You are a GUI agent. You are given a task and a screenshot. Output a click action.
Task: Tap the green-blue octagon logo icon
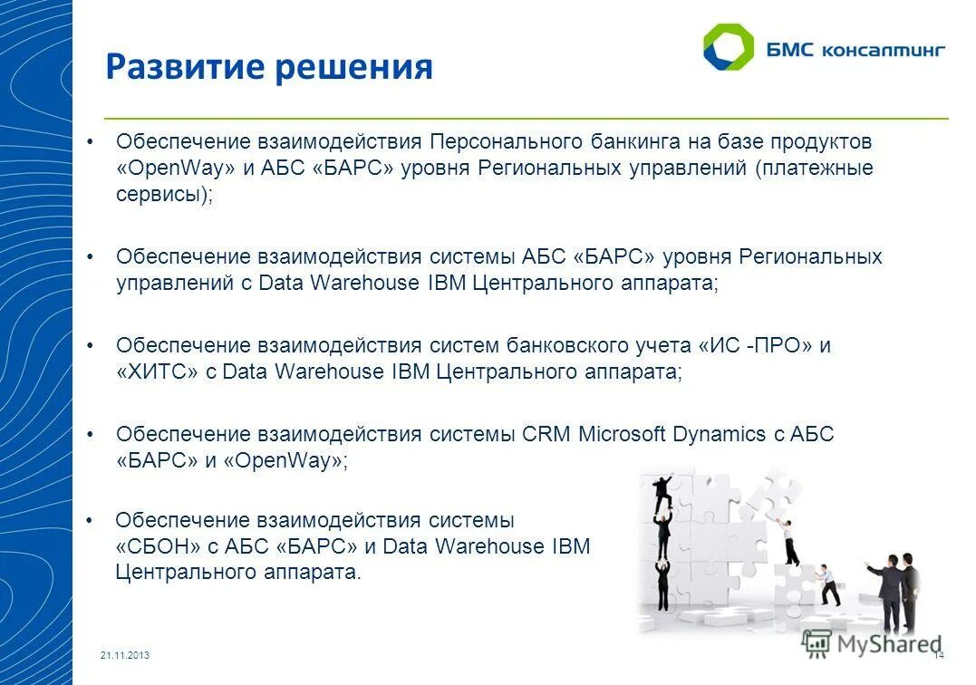[x=728, y=47]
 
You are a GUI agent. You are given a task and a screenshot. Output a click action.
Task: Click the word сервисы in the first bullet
[x=157, y=196]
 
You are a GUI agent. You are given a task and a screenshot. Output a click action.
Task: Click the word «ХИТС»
[x=157, y=371]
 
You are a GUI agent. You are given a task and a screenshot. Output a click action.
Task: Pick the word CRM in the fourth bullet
[x=546, y=434]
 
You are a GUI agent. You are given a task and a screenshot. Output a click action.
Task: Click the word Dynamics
[x=719, y=434]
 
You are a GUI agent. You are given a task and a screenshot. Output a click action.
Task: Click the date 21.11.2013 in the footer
[x=125, y=655]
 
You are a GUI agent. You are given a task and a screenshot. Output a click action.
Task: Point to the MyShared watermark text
[x=886, y=643]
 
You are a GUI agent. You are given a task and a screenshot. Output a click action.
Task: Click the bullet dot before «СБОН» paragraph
[x=89, y=520]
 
